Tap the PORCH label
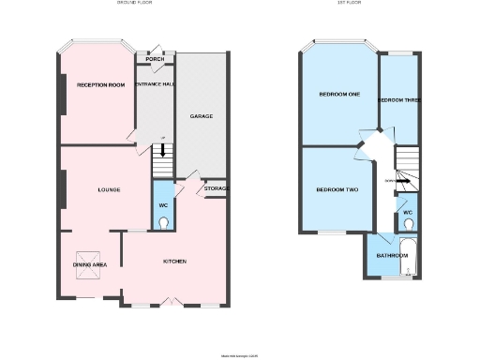click(155, 59)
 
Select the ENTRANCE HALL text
click(155, 85)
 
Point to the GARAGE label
click(202, 116)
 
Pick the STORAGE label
click(217, 189)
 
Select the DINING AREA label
click(90, 265)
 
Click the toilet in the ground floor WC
click(164, 222)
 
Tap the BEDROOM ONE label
click(339, 95)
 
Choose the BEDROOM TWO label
click(337, 190)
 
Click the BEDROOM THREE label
click(399, 99)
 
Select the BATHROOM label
click(392, 255)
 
